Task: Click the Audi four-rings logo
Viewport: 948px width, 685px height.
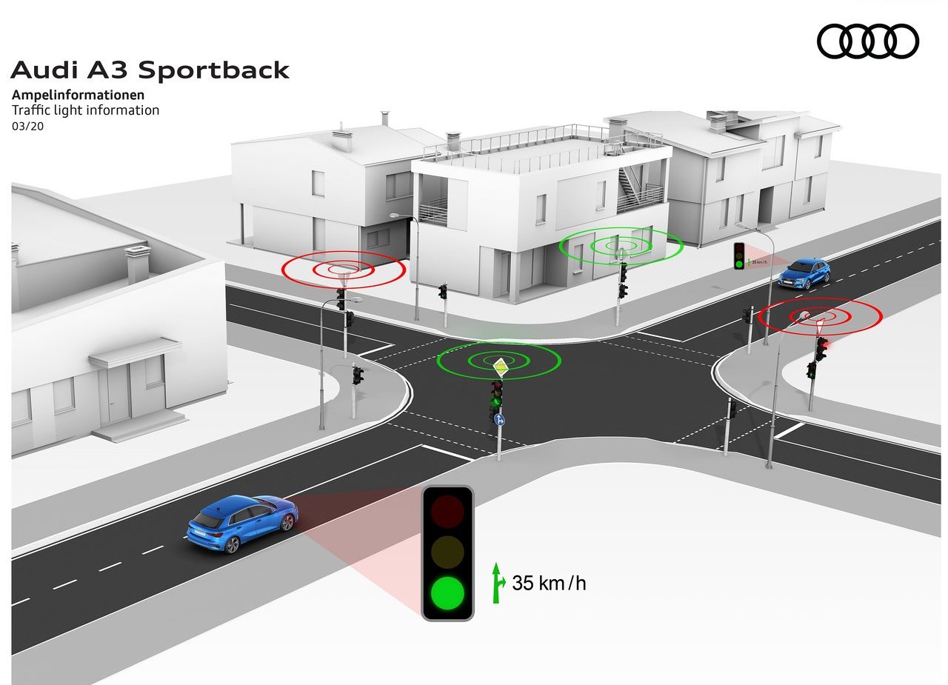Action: pyautogui.click(x=867, y=41)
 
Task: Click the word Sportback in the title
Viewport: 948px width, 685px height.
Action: pyautogui.click(x=214, y=70)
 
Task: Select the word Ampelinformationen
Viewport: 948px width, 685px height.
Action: pyautogui.click(x=79, y=94)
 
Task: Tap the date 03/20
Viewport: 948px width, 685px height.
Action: pyautogui.click(x=27, y=126)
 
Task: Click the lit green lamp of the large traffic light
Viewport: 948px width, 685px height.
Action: pyautogui.click(x=447, y=592)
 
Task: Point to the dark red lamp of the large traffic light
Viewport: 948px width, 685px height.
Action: pyautogui.click(x=447, y=511)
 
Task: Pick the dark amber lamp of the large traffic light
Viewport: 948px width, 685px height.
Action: pyautogui.click(x=447, y=552)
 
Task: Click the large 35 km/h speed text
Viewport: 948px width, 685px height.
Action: pyautogui.click(x=549, y=583)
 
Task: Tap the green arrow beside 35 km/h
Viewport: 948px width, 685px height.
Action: pyautogui.click(x=498, y=583)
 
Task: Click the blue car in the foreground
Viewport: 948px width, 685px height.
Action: pyautogui.click(x=242, y=523)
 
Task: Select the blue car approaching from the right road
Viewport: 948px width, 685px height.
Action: pyautogui.click(x=804, y=273)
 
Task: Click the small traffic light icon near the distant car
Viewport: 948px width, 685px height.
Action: pyautogui.click(x=739, y=255)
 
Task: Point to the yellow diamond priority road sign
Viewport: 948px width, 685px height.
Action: pyautogui.click(x=500, y=367)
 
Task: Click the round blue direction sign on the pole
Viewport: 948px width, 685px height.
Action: pyautogui.click(x=499, y=419)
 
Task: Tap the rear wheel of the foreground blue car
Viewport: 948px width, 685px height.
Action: pyautogui.click(x=232, y=545)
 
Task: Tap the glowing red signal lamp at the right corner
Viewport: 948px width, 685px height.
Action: pyautogui.click(x=823, y=345)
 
